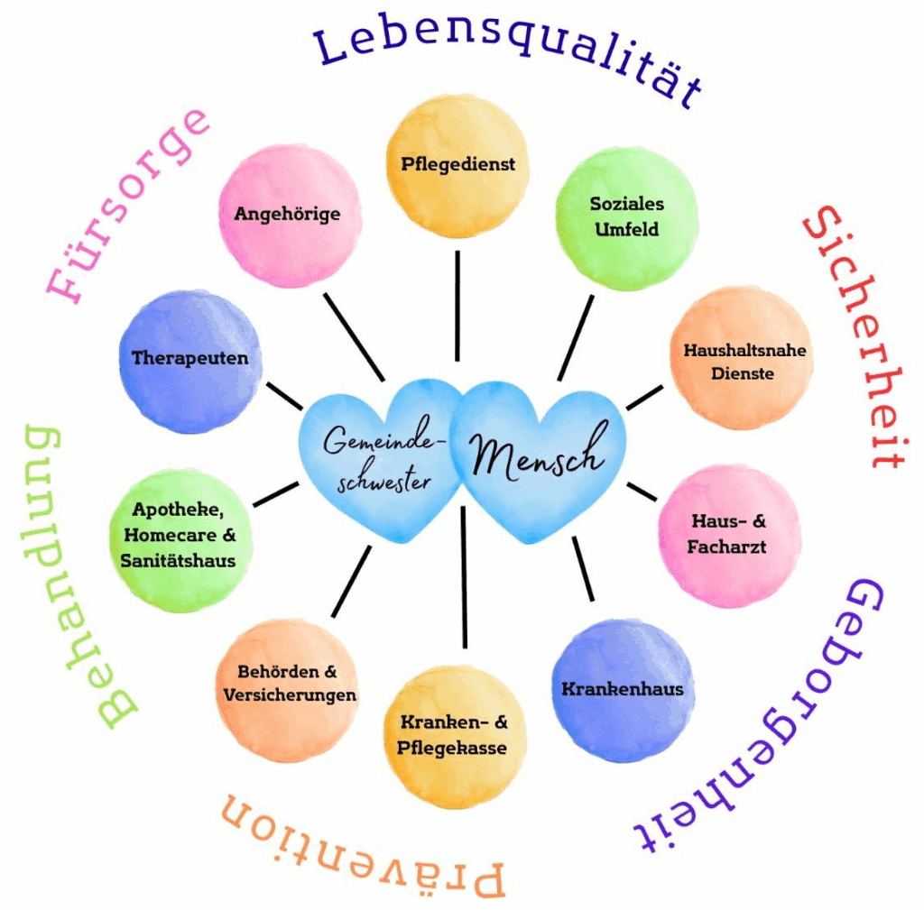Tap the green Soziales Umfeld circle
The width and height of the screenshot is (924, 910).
(626, 218)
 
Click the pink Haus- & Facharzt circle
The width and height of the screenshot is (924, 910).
(729, 536)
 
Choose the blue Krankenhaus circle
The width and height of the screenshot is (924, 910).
(623, 690)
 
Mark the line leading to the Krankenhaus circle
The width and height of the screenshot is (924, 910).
(583, 569)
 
